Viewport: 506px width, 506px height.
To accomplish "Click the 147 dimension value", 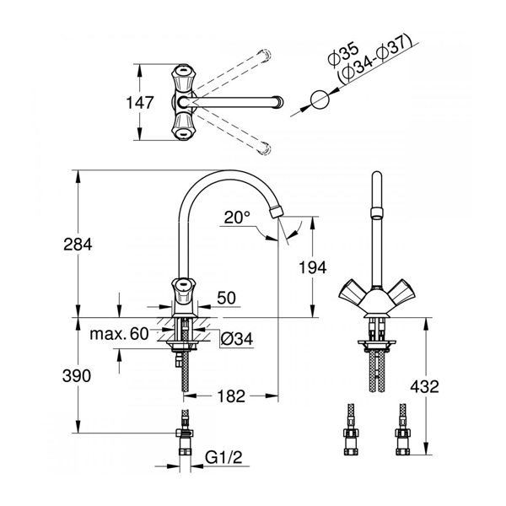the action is [x=139, y=103].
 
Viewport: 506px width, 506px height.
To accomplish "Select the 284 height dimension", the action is [x=78, y=244].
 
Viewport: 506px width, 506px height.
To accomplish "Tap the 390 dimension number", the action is [x=77, y=376].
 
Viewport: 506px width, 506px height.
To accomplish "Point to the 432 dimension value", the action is [x=425, y=386].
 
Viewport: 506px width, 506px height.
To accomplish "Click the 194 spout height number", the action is [x=313, y=267].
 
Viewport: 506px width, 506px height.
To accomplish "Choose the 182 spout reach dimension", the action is [x=231, y=396].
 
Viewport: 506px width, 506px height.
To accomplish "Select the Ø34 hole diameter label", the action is [x=237, y=339].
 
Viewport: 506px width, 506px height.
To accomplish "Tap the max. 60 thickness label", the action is [x=119, y=334].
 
